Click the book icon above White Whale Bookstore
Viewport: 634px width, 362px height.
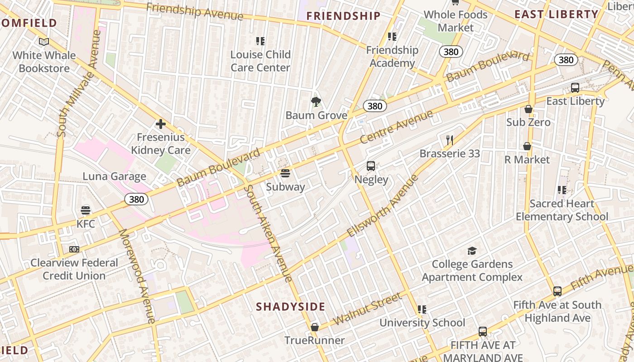[x=44, y=42]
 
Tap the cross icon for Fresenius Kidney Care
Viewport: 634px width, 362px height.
[x=160, y=124]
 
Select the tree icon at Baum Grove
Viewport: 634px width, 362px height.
[x=316, y=102]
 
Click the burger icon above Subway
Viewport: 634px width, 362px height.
[x=285, y=173]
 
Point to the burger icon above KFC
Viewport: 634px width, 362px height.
[x=86, y=210]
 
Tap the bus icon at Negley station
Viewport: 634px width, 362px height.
[x=371, y=166]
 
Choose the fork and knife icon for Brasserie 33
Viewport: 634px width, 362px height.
[x=449, y=140]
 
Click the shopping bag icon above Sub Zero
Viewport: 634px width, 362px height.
[x=528, y=109]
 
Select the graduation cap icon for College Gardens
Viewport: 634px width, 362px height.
[x=472, y=251]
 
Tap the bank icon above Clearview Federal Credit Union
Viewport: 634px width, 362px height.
[x=74, y=249]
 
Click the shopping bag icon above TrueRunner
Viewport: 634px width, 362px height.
[x=314, y=327]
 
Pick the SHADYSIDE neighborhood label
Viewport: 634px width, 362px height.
[x=290, y=307]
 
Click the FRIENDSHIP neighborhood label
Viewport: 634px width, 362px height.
[x=343, y=16]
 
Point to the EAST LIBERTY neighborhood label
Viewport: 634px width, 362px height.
[x=556, y=14]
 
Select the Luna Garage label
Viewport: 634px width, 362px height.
[x=114, y=176]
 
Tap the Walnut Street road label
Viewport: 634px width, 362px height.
[x=367, y=309]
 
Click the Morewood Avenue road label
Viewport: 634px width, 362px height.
[x=137, y=276]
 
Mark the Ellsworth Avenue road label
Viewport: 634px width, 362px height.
[x=383, y=206]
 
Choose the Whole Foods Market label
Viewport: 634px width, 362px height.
[x=456, y=21]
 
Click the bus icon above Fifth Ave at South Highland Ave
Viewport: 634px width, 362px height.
[x=557, y=291]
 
